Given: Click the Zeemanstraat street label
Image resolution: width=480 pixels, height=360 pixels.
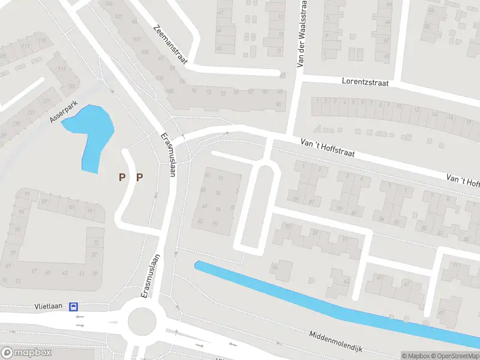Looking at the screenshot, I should pos(171,44).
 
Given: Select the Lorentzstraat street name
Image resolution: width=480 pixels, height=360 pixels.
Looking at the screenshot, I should pos(366,81).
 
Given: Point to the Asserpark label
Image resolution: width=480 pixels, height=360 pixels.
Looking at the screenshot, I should pos(64,111).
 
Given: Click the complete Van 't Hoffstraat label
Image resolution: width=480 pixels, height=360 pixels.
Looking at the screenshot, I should pos(328,145).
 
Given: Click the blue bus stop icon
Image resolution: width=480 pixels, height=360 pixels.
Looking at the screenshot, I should pos(73,307).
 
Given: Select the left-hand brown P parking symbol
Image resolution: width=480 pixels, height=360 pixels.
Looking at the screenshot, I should pos(122,177).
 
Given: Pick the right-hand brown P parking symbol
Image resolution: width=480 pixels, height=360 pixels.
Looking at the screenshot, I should pos(140,177).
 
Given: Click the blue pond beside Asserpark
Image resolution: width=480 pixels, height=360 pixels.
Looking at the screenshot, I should pos(93,132).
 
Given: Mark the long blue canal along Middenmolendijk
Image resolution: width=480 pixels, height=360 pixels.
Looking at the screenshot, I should pos(336,304).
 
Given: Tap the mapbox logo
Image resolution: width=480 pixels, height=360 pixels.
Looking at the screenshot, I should pos(26,352).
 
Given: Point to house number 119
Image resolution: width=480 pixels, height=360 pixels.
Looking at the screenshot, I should pos(62,69).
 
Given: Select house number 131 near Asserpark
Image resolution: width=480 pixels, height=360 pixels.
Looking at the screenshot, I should pos(30,113).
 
